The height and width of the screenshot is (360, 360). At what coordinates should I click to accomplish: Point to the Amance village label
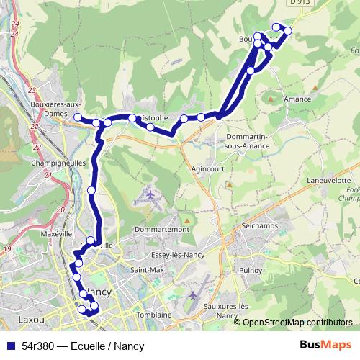click(x=296, y=99)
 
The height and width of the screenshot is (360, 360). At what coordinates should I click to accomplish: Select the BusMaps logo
click(x=326, y=346)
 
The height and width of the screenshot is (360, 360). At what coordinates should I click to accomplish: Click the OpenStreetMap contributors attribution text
click(x=297, y=323)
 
